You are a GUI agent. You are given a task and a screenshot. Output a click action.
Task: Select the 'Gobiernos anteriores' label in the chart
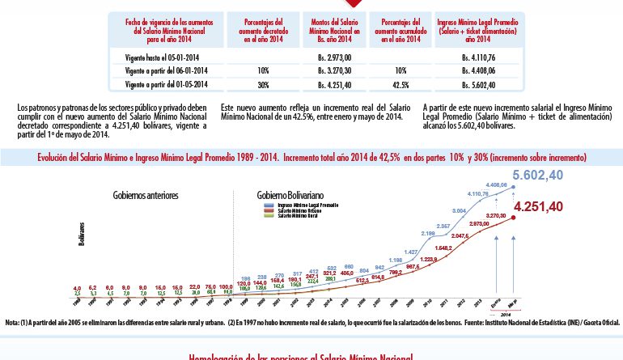(146, 196)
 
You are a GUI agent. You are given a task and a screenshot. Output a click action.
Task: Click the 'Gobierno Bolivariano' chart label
(292, 196)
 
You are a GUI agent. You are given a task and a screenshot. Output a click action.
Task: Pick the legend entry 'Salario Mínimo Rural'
(298, 216)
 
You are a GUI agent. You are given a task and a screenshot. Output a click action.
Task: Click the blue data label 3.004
(459, 210)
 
